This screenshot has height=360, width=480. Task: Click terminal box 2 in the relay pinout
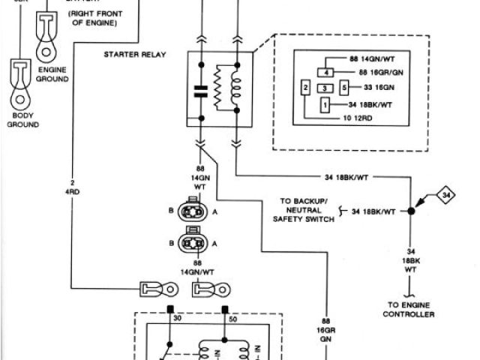coord(305,88)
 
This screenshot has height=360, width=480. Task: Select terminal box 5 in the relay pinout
coord(343,88)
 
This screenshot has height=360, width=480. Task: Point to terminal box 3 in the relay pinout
coord(324,88)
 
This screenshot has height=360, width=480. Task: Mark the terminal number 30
coord(178,319)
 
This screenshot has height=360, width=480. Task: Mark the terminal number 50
coord(232,319)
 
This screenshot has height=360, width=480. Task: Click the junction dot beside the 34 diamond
coord(412,211)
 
